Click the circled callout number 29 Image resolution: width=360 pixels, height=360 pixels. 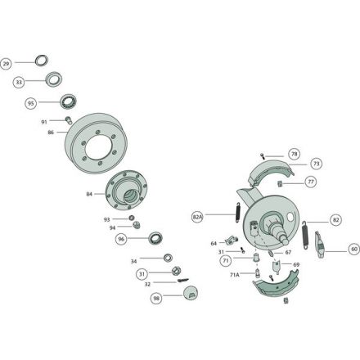pyautogui.click(x=6, y=64)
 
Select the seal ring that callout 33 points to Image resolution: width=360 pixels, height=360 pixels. pyautogui.click(x=54, y=79)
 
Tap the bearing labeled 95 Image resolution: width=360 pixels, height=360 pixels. pyautogui.click(x=68, y=101)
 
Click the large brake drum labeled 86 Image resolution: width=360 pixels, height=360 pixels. pyautogui.click(x=96, y=142)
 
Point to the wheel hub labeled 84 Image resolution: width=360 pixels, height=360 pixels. pyautogui.click(x=126, y=190)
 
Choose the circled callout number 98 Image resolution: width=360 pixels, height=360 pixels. pyautogui.click(x=156, y=298)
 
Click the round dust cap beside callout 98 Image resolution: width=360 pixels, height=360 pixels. pyautogui.click(x=191, y=293)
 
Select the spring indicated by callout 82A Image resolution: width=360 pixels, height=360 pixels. pyautogui.click(x=238, y=212)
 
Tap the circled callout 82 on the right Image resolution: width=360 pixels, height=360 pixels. pyautogui.click(x=335, y=220)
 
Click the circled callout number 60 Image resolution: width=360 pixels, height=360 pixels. pyautogui.click(x=354, y=250)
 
